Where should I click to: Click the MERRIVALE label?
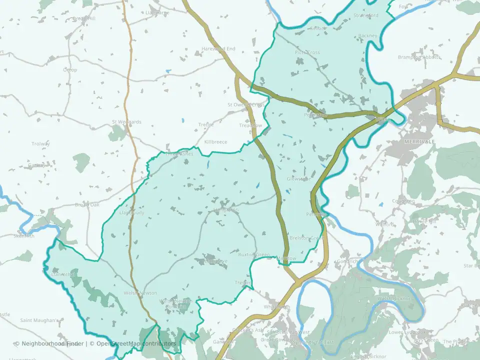(419, 142)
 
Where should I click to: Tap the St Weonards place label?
(126, 121)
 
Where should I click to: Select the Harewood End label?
(218, 48)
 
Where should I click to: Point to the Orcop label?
(70, 69)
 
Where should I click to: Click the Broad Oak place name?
(87, 205)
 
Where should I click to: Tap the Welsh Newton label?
(140, 293)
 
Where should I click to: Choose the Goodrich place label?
(347, 261)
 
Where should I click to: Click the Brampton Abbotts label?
(419, 57)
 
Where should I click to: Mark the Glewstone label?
(298, 178)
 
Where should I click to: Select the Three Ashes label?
(179, 154)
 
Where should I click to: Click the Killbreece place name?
(215, 142)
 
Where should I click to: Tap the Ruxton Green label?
(253, 254)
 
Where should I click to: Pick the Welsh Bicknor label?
(394, 298)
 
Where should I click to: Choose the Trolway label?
(40, 144)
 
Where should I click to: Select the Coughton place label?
(403, 201)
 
